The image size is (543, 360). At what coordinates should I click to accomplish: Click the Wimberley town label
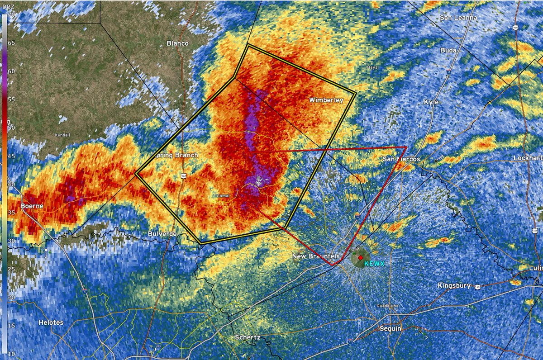coord(326,100)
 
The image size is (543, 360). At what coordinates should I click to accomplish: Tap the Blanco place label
coord(177,43)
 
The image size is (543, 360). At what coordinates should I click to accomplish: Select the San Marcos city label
coord(401,159)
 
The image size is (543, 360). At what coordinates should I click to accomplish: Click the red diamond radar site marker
coord(360,258)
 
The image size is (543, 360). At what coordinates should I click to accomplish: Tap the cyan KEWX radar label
coord(374,263)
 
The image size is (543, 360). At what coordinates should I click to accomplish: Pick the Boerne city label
coord(32,206)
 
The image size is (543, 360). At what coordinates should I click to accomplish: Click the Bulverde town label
coord(162,234)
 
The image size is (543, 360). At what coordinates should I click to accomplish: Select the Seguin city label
coord(390,328)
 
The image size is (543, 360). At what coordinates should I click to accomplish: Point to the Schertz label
coord(248,337)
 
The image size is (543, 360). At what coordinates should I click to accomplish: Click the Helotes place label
coord(51,323)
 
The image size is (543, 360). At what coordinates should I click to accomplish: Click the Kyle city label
coord(431,102)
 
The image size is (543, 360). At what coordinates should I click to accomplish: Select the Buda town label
coord(448,50)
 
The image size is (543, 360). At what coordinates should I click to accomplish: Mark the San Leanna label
coord(458,18)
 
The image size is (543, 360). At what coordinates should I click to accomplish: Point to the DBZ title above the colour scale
coord(8,6)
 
